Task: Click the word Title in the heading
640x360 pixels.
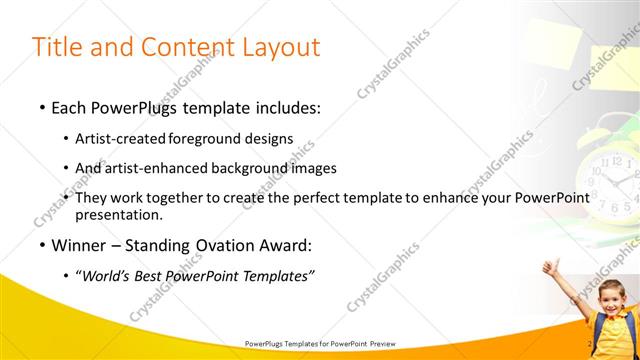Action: tap(58, 47)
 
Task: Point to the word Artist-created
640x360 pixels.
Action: tap(121, 140)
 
